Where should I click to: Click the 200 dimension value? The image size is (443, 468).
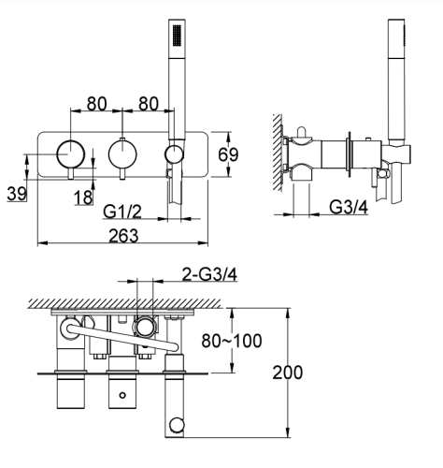tap(287, 372)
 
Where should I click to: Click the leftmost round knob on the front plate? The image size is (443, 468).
tap(68, 153)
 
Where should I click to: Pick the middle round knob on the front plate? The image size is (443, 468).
tap(121, 153)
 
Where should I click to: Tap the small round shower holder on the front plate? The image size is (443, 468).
tap(173, 154)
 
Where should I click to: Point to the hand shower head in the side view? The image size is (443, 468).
tap(395, 42)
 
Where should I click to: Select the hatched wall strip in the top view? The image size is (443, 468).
tap(121, 303)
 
